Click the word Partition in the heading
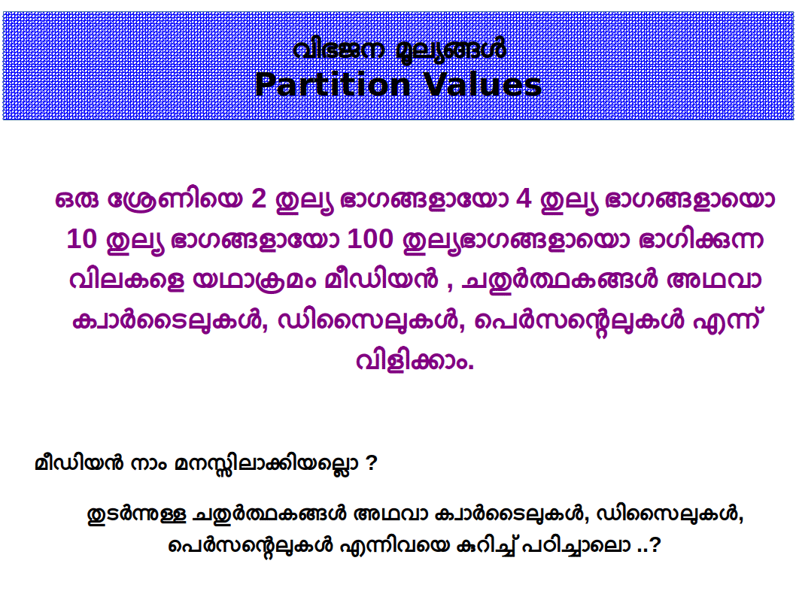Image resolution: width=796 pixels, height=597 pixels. click(x=333, y=84)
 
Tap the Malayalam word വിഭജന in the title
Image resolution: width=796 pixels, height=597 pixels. click(x=338, y=50)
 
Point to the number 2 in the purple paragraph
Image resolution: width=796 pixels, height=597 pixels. click(x=259, y=198)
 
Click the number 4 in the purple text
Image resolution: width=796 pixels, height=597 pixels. click(x=524, y=198)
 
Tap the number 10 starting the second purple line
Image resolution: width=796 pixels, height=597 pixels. click(x=81, y=239)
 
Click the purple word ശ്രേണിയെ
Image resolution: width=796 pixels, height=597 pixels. click(x=175, y=200)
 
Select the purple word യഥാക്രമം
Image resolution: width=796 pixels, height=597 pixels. click(x=254, y=280)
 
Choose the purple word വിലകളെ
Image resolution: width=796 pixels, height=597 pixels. click(x=126, y=280)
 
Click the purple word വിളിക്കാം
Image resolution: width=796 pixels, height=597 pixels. click(x=415, y=361)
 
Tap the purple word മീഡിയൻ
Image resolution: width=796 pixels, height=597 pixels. click(x=381, y=280)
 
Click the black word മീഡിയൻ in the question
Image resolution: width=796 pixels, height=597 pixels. click(x=79, y=464)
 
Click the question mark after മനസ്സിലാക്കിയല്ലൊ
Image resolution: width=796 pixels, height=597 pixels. click(x=371, y=463)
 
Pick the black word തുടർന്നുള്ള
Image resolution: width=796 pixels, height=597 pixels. click(x=137, y=515)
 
